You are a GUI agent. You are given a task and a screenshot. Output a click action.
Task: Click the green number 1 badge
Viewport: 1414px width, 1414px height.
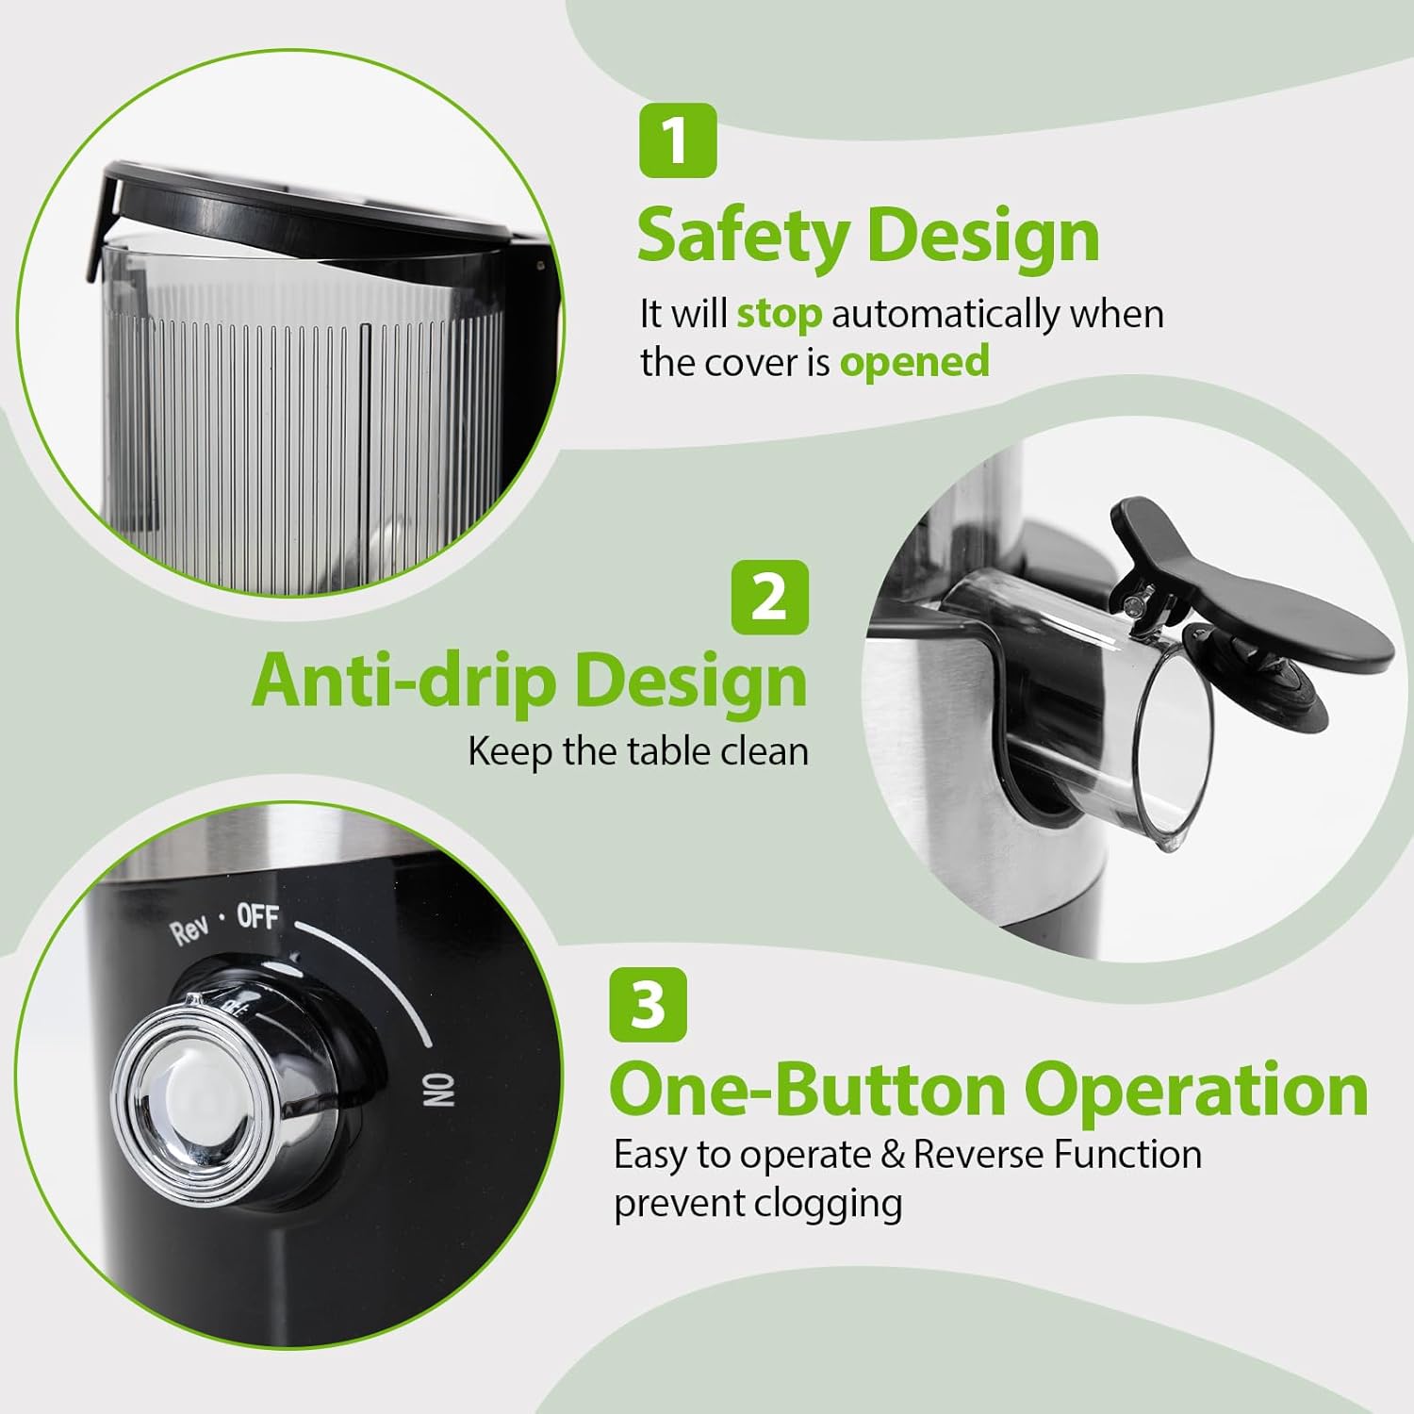click(x=677, y=140)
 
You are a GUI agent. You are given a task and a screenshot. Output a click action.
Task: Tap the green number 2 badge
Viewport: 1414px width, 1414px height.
click(x=769, y=597)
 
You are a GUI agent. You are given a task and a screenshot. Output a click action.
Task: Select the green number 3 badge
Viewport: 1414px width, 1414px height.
click(x=648, y=1005)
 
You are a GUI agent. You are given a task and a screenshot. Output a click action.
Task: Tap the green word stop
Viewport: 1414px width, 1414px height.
click(x=778, y=314)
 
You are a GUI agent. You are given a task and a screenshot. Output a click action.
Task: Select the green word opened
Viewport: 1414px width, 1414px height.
click(x=913, y=362)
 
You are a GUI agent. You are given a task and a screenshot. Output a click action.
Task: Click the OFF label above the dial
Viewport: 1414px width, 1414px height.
click(x=257, y=915)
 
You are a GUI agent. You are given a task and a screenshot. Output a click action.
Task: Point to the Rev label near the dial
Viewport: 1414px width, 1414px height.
click(x=189, y=929)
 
